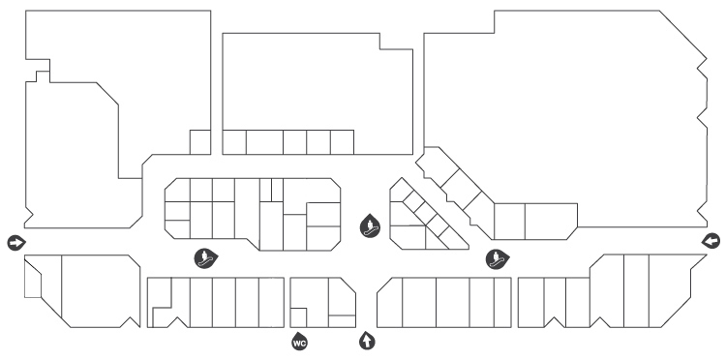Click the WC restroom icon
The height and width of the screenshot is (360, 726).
click(299, 343)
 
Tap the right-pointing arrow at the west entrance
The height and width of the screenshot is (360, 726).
click(16, 243)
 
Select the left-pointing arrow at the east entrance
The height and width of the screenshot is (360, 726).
click(711, 241)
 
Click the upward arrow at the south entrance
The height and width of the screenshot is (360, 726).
click(367, 341)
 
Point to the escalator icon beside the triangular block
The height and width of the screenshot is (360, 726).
click(370, 226)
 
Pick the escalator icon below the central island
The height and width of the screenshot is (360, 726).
click(205, 258)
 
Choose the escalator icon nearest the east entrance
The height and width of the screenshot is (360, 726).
click(498, 259)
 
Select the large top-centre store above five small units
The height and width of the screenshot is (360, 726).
click(318, 83)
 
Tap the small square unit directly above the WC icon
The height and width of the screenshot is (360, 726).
click(298, 317)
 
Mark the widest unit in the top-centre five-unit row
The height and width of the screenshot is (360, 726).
click(264, 142)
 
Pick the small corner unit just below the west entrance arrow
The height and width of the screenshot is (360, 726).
click(32, 280)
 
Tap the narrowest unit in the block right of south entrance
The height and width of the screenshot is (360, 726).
click(501, 302)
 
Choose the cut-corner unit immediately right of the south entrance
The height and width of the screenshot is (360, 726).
click(389, 303)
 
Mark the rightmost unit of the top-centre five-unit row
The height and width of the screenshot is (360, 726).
click(342, 142)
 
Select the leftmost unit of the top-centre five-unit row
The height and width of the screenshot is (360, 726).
click(234, 142)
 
